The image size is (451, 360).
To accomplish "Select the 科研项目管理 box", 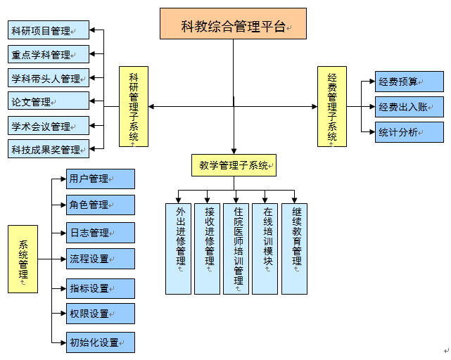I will (x=49, y=30).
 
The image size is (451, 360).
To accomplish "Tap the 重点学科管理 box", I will (x=49, y=54).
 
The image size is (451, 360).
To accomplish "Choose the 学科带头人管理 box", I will (x=49, y=78).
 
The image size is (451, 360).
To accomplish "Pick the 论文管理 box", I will (x=49, y=101).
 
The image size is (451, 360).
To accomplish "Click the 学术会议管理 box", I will (x=49, y=126).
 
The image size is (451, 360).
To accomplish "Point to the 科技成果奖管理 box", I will (x=49, y=149).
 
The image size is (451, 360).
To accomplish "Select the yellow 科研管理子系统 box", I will (x=134, y=106).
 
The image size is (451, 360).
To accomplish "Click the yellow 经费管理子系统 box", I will (x=332, y=106).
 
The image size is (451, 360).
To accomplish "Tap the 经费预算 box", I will (x=409, y=82).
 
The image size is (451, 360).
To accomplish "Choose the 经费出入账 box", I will (x=409, y=107).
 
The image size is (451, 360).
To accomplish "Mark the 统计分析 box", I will (x=409, y=131).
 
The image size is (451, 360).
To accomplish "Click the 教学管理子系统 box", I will (x=234, y=165).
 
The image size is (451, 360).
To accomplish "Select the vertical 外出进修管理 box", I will (x=178, y=248).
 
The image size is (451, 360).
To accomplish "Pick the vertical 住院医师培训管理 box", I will (x=236, y=248).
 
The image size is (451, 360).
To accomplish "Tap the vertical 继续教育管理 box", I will (x=294, y=248).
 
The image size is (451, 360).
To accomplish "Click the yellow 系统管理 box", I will (x=23, y=259).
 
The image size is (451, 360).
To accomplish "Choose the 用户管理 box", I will (x=101, y=179).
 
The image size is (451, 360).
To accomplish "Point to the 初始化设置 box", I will (x=101, y=342).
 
